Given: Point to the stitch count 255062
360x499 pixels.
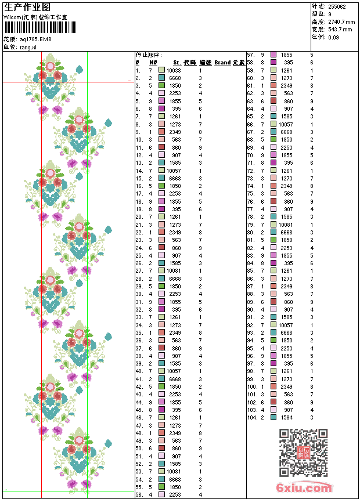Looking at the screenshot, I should (x=337, y=6).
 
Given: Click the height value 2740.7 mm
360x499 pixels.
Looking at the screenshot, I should (x=340, y=21).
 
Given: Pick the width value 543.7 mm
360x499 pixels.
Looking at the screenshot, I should (x=340, y=29).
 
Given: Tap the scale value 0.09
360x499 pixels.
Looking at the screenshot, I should (x=333, y=37).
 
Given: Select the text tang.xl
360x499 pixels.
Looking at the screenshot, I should (x=28, y=46).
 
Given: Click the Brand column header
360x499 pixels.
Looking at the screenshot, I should (x=222, y=62).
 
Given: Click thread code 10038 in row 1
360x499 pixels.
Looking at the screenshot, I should (x=173, y=70).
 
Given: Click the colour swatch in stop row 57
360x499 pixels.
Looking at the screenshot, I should (x=273, y=55).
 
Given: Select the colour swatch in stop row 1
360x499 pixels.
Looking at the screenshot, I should (x=161, y=70).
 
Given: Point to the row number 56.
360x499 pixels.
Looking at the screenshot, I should (x=139, y=495).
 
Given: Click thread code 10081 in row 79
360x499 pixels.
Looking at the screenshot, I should (x=285, y=225).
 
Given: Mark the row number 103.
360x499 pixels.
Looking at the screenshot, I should (x=251, y=410).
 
